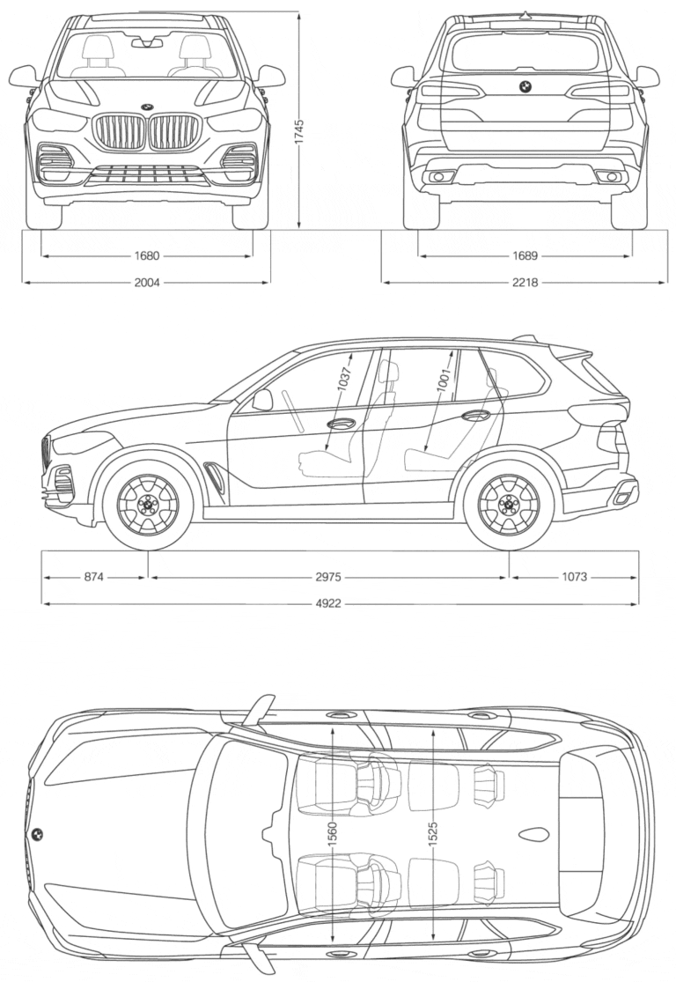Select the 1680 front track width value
tap(147, 256)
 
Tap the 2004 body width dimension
tap(147, 283)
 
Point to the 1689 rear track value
tap(525, 256)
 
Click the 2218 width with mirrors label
tap(525, 283)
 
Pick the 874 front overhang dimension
tap(94, 578)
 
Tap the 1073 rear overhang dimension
tap(574, 578)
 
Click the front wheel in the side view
tap(148, 506)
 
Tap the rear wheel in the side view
tap(508, 506)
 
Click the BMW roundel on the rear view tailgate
tap(524, 86)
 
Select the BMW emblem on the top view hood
tap(37, 833)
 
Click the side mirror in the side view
tap(262, 400)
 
